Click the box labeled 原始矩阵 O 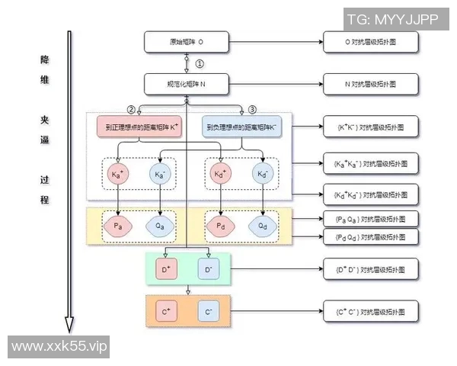pyautogui.click(x=187, y=42)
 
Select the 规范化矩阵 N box pyautogui.click(x=187, y=83)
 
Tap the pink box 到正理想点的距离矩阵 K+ pyautogui.click(x=139, y=126)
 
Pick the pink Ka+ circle pyautogui.click(x=118, y=175)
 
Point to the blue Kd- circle pyautogui.click(x=263, y=175)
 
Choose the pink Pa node pyautogui.click(x=118, y=226)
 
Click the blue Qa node pyautogui.click(x=161, y=226)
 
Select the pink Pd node pyautogui.click(x=220, y=226)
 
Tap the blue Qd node pyautogui.click(x=263, y=226)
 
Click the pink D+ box pyautogui.click(x=167, y=269)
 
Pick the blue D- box pyautogui.click(x=209, y=269)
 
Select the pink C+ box pyautogui.click(x=167, y=312)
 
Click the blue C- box pyautogui.click(x=209, y=312)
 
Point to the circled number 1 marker pyautogui.click(x=200, y=63)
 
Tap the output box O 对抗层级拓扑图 pyautogui.click(x=370, y=42)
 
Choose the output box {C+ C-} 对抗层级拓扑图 pyautogui.click(x=370, y=312)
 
